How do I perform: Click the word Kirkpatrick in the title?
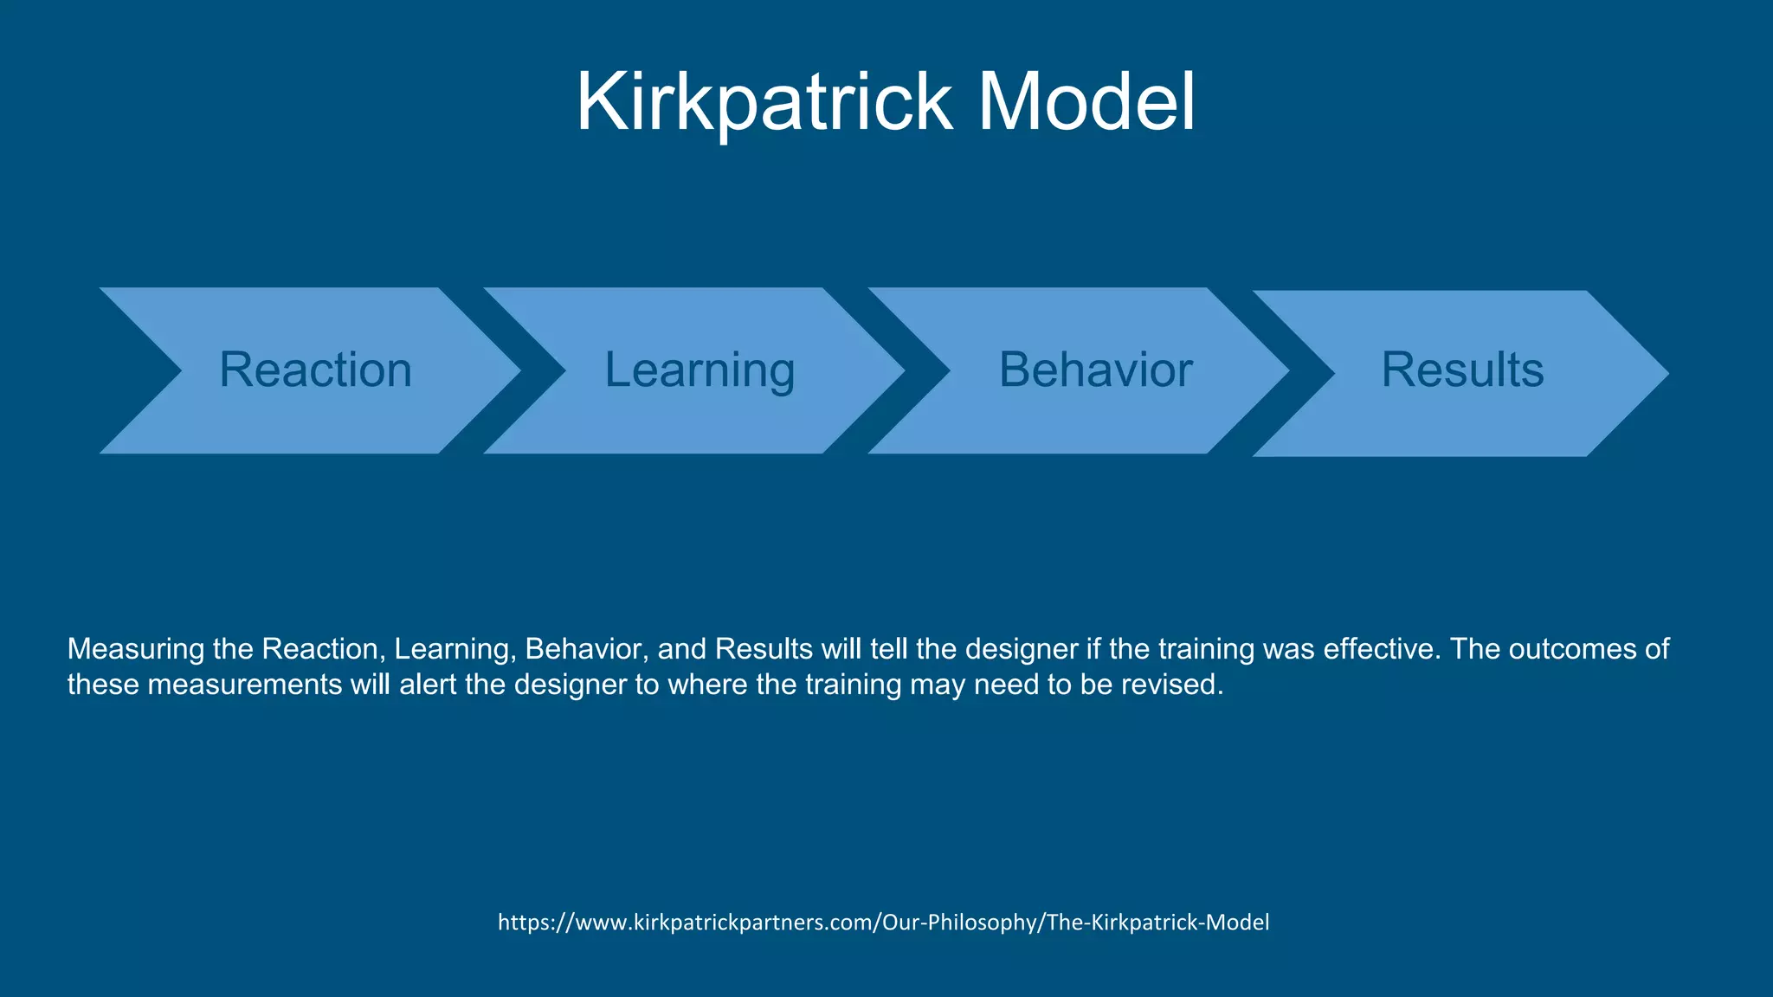click(x=764, y=102)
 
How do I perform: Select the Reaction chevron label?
click(x=315, y=370)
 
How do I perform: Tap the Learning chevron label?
click(x=700, y=370)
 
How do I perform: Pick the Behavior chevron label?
click(x=1095, y=370)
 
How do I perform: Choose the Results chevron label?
click(x=1462, y=370)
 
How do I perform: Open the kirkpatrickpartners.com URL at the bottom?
click(x=883, y=923)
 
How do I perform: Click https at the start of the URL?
click(x=521, y=923)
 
